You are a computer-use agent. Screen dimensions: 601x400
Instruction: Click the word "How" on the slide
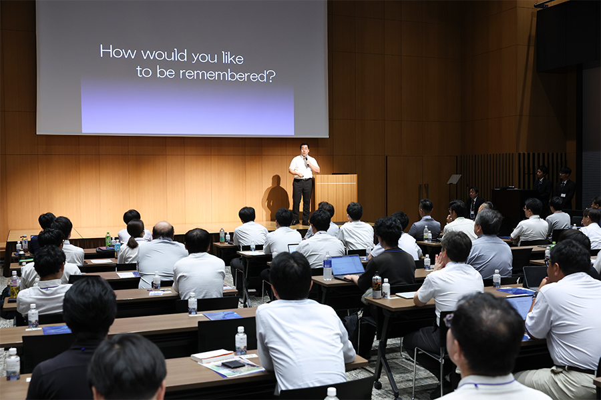pos(118,52)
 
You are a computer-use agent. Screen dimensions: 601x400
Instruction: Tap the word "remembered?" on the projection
pos(228,75)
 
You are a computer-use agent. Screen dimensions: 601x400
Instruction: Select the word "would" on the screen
pos(164,55)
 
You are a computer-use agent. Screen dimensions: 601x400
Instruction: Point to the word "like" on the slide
pos(232,58)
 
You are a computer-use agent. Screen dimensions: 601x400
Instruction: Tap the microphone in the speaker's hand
pos(307,161)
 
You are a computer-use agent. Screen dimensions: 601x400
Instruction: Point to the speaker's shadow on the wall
pos(276,197)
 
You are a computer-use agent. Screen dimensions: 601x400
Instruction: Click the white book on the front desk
pos(212,355)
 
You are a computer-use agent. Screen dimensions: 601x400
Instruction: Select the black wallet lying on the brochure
pos(233,364)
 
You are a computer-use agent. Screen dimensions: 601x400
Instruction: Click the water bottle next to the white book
pos(240,341)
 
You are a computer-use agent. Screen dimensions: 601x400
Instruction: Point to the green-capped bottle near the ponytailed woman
pos(108,239)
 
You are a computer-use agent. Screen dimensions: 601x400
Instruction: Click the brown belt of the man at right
pos(575,369)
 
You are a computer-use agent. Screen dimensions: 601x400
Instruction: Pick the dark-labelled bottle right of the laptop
pos(377,285)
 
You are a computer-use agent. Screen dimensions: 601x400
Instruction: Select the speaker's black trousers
pos(302,200)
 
